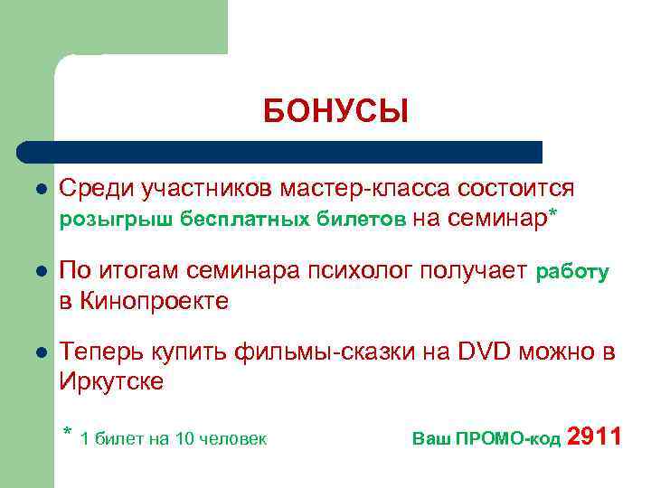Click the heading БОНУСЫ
pyautogui.click(x=335, y=112)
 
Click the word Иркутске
pyautogui.click(x=111, y=381)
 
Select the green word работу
pyautogui.click(x=573, y=271)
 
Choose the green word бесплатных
pyautogui.click(x=244, y=218)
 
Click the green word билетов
pyautogui.click(x=361, y=218)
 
